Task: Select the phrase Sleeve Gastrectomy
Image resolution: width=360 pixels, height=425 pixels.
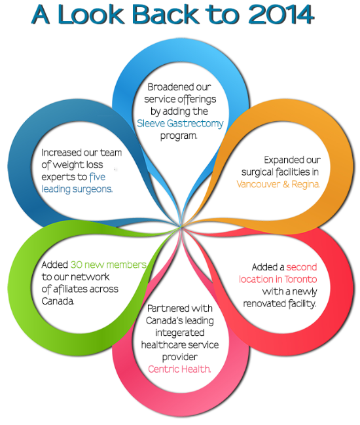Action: coord(180,124)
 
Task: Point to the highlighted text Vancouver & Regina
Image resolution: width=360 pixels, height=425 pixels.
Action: coord(278,184)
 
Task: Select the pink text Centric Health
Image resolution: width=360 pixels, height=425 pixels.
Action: coord(179,369)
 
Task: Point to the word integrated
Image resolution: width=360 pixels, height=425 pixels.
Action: coord(180,333)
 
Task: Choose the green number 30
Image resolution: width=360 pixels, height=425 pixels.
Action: coord(77,265)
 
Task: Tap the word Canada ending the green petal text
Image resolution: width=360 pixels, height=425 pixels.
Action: coord(58,301)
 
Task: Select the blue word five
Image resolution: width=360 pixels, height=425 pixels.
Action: coord(98,177)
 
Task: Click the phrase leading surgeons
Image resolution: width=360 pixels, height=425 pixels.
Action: coord(77,189)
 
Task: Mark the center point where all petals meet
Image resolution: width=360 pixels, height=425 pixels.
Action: coord(181,226)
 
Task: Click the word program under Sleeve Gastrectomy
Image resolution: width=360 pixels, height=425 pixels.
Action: coord(179,136)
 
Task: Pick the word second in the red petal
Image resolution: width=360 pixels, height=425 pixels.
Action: coord(302,267)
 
